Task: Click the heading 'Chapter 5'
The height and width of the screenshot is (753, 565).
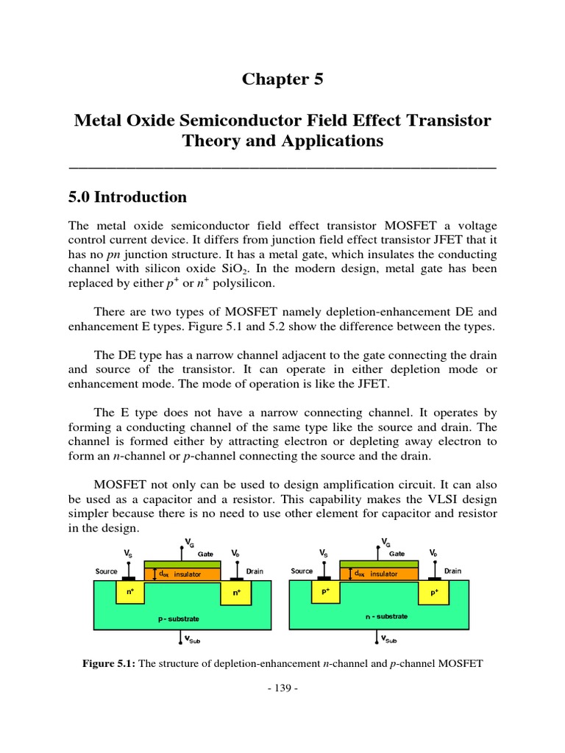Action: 282,80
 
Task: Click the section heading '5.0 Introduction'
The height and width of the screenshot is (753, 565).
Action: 127,197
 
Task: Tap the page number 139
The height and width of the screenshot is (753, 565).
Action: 282,689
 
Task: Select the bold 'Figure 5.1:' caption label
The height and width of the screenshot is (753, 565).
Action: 108,663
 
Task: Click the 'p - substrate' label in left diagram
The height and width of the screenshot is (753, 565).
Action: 178,619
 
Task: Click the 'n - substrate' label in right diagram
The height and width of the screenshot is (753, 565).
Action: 385,616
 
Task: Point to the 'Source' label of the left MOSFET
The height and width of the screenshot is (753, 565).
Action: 107,571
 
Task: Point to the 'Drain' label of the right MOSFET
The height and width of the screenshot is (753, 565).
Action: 452,571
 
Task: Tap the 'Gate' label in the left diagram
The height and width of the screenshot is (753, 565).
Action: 205,554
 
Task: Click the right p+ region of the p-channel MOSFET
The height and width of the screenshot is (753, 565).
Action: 433,590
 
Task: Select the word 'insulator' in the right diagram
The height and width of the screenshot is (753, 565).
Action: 383,574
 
